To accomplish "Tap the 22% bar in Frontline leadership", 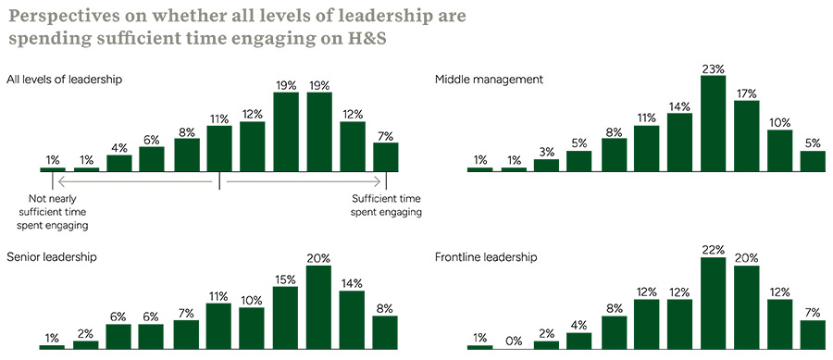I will (x=713, y=303).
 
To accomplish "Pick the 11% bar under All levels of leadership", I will (x=219, y=149).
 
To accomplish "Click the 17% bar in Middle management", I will (x=746, y=136).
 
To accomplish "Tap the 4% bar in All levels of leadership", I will (x=119, y=163).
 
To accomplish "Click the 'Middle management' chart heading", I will (x=489, y=80).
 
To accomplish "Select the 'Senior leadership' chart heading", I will (x=52, y=256).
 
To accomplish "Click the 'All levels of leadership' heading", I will (x=64, y=80).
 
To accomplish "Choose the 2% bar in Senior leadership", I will (x=86, y=344).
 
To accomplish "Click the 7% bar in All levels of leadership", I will (x=386, y=157).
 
